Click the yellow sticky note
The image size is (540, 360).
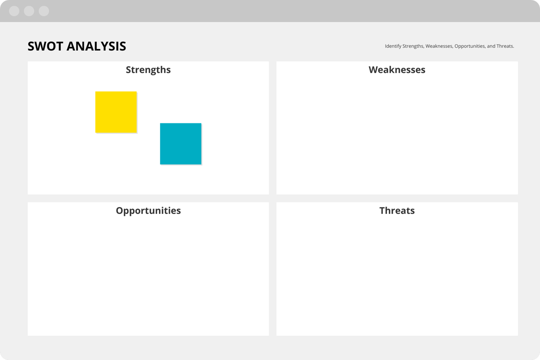116,112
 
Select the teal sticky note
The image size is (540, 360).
180,144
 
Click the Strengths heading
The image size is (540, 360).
148,70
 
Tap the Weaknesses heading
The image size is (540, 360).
397,70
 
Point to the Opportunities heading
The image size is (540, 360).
148,211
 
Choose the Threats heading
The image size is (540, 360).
397,211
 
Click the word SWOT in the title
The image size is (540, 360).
45,46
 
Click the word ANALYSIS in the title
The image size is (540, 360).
96,46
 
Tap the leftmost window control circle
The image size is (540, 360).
14,11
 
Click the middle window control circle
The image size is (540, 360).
29,11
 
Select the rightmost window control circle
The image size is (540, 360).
44,11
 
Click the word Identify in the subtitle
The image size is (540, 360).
393,46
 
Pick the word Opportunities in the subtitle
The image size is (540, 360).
470,46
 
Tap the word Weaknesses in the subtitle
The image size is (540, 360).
439,46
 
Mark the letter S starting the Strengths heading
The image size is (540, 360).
129,70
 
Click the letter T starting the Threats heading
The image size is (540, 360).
382,211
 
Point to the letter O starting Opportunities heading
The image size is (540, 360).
120,211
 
